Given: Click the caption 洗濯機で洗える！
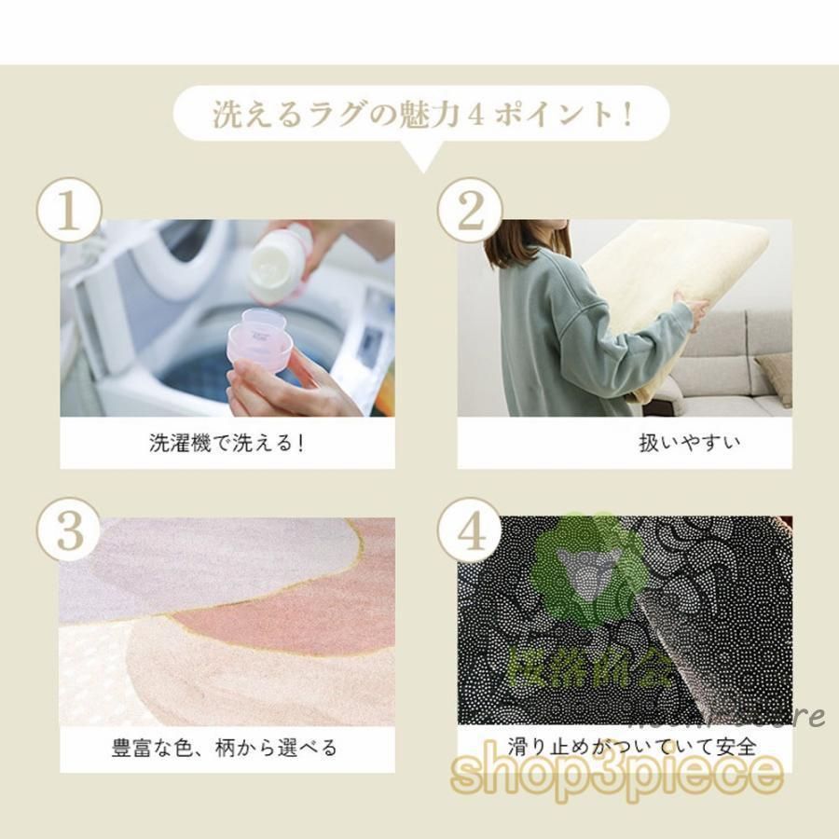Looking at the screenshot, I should point(227,443).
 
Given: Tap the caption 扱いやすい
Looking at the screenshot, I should point(690,443).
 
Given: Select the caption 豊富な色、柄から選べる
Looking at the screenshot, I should point(225,747).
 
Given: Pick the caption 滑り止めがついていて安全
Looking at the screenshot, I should point(631,746).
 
